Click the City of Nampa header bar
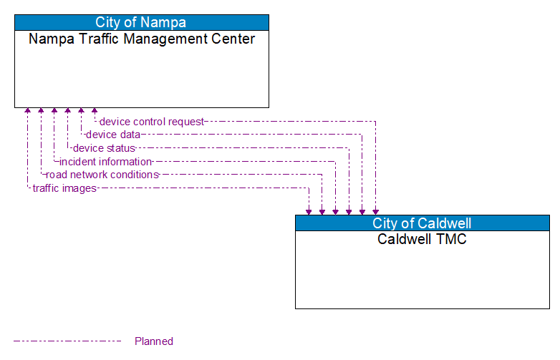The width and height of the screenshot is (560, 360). coord(142,22)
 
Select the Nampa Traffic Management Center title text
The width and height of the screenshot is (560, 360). coord(142,39)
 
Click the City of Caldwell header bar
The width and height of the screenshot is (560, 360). coord(422,223)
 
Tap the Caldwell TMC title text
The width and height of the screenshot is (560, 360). coord(422,239)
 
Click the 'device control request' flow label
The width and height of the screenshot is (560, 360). coord(151,122)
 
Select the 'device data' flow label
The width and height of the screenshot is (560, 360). coord(112,135)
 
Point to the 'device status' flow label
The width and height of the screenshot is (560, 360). coord(104,148)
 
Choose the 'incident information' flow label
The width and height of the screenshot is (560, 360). coord(105,162)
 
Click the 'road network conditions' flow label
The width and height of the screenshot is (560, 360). coord(102,175)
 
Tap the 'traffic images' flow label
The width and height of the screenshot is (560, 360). coord(64,188)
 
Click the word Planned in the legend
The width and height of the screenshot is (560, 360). coord(154,341)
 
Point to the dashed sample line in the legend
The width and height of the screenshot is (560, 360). coord(68,341)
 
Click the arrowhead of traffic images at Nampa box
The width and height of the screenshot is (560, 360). coord(27,112)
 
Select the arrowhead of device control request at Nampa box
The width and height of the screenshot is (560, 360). coord(95,112)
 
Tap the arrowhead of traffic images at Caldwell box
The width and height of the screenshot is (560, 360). coord(309,211)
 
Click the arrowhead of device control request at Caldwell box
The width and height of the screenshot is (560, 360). coord(375,211)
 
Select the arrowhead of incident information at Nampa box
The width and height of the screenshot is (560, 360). coord(54,112)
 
